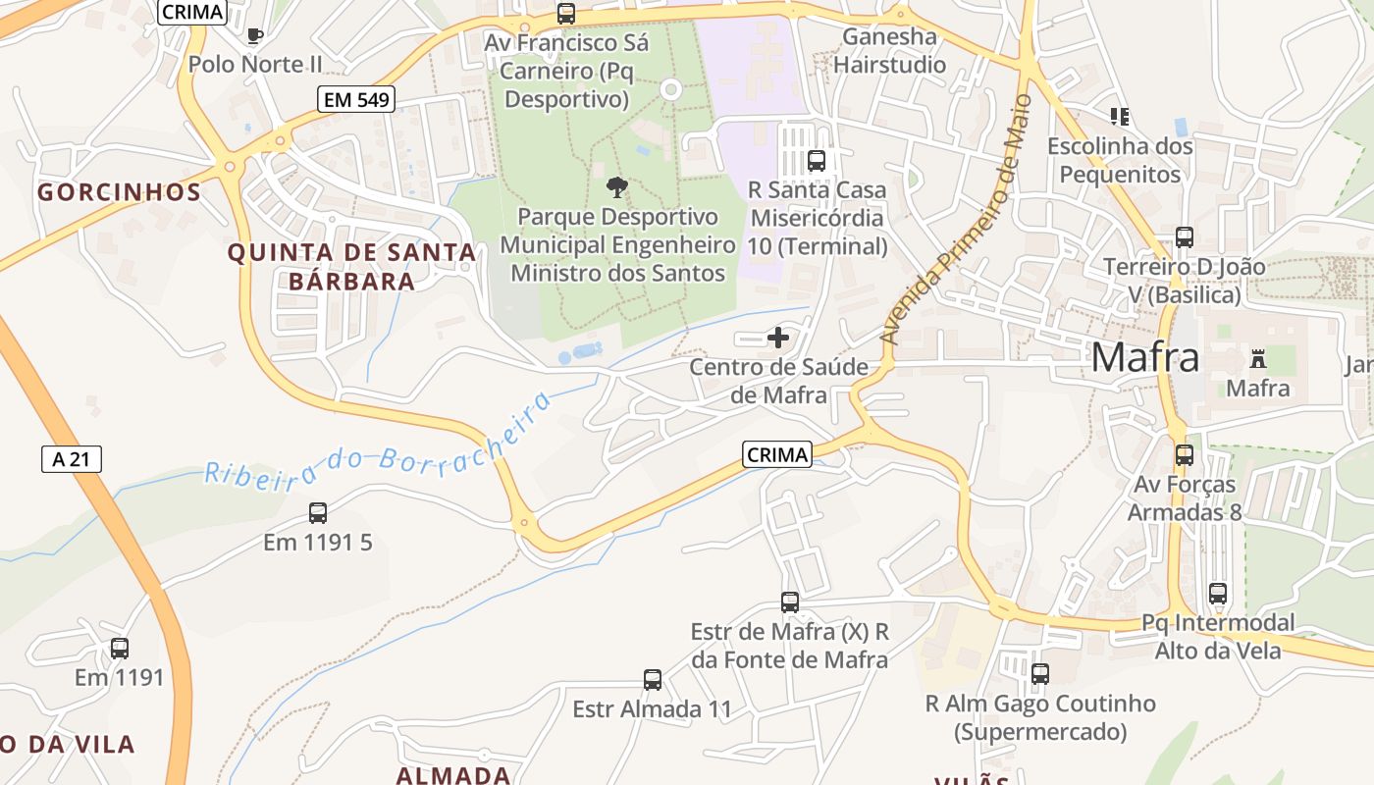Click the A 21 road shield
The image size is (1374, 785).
[x=72, y=458]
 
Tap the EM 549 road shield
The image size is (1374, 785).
[x=355, y=99]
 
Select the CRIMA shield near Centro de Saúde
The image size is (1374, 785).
[x=777, y=454]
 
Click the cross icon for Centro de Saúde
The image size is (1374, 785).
[x=778, y=339]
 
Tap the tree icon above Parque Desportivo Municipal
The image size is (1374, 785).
[x=616, y=186]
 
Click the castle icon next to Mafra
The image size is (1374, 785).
[x=1258, y=358]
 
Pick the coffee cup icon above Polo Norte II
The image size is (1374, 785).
[x=255, y=36]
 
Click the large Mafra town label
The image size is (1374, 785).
[x=1144, y=357]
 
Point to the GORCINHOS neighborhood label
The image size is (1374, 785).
[x=120, y=192]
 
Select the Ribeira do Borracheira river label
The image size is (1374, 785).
[x=378, y=444]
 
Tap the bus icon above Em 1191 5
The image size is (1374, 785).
[x=318, y=512]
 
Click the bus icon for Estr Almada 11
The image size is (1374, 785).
[x=653, y=679]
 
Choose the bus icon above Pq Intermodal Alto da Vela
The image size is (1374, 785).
[x=1218, y=593]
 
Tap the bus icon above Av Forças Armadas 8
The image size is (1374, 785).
[x=1185, y=454]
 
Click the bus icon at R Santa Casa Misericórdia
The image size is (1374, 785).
[x=817, y=161]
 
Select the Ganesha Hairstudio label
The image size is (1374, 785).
[x=889, y=51]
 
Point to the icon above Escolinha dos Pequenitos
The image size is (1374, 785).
[x=1120, y=117]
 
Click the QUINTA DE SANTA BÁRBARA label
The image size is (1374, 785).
[x=351, y=267]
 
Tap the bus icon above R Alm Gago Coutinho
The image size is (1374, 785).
[x=1040, y=674]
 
